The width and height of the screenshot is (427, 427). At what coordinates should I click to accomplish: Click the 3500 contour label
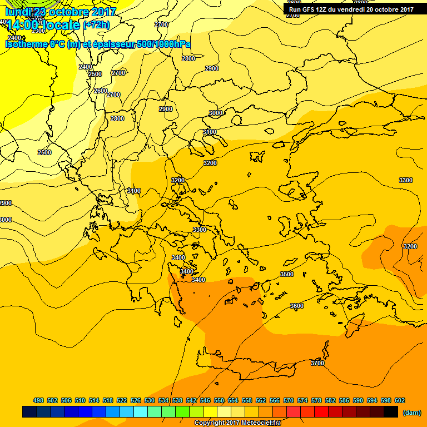click(x=287, y=274)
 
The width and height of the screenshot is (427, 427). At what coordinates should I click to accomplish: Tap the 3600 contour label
click(x=297, y=306)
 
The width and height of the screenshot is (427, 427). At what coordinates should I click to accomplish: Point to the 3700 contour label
click(x=317, y=363)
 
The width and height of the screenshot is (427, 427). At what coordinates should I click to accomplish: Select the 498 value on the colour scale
click(x=38, y=400)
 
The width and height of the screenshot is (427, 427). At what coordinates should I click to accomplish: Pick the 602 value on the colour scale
click(x=400, y=400)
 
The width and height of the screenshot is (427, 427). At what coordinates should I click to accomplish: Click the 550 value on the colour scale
click(x=219, y=400)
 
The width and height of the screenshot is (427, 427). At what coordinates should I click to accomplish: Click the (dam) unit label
click(x=411, y=413)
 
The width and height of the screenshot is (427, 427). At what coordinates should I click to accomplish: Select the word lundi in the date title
click(x=18, y=12)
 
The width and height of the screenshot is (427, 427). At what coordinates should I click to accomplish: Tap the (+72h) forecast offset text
click(x=96, y=25)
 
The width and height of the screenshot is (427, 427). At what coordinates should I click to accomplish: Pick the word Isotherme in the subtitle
click(x=26, y=44)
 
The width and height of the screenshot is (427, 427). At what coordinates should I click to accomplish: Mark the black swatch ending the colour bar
click(x=391, y=412)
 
